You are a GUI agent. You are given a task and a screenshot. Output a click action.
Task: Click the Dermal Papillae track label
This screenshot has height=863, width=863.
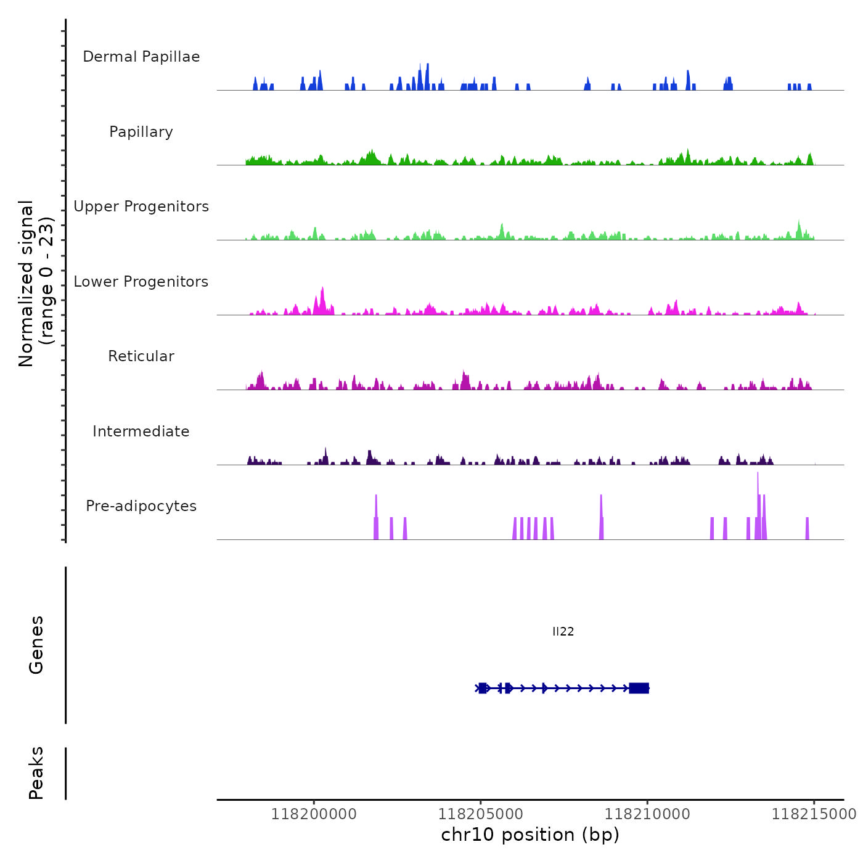click(x=141, y=57)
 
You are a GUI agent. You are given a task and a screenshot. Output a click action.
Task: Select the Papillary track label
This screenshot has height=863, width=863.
click(x=141, y=132)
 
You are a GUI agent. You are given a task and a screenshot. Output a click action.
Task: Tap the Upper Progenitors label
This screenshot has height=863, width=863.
click(x=141, y=207)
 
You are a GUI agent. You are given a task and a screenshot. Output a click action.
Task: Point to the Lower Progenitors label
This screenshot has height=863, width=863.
click(x=141, y=282)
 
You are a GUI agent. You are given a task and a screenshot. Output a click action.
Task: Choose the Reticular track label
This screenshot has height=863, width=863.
click(x=141, y=356)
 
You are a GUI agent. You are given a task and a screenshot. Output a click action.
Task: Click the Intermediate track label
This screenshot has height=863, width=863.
click(x=141, y=431)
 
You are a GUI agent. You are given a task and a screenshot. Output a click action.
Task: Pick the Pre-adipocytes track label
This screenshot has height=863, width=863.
click(x=141, y=506)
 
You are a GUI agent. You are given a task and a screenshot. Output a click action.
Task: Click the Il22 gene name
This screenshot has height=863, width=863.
click(x=563, y=631)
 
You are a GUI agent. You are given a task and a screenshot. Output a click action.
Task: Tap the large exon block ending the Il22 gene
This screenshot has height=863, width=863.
click(x=639, y=688)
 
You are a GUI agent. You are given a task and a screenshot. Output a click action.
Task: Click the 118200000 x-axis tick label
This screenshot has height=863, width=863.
click(x=314, y=814)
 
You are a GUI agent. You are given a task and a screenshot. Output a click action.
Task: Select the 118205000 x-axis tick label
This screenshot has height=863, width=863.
click(x=481, y=814)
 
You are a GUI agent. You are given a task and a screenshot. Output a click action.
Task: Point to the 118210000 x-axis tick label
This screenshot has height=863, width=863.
click(x=647, y=814)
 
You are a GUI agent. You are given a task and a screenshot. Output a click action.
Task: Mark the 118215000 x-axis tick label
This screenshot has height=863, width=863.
click(x=814, y=814)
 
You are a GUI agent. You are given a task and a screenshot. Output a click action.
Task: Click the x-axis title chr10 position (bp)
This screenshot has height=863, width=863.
click(x=530, y=835)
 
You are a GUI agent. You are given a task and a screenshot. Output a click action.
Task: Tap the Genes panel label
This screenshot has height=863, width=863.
click(x=36, y=645)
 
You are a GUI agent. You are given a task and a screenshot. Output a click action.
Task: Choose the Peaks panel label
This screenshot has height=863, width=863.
click(x=36, y=773)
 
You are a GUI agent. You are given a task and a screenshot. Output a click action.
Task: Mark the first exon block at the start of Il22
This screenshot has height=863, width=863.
click(x=482, y=688)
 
